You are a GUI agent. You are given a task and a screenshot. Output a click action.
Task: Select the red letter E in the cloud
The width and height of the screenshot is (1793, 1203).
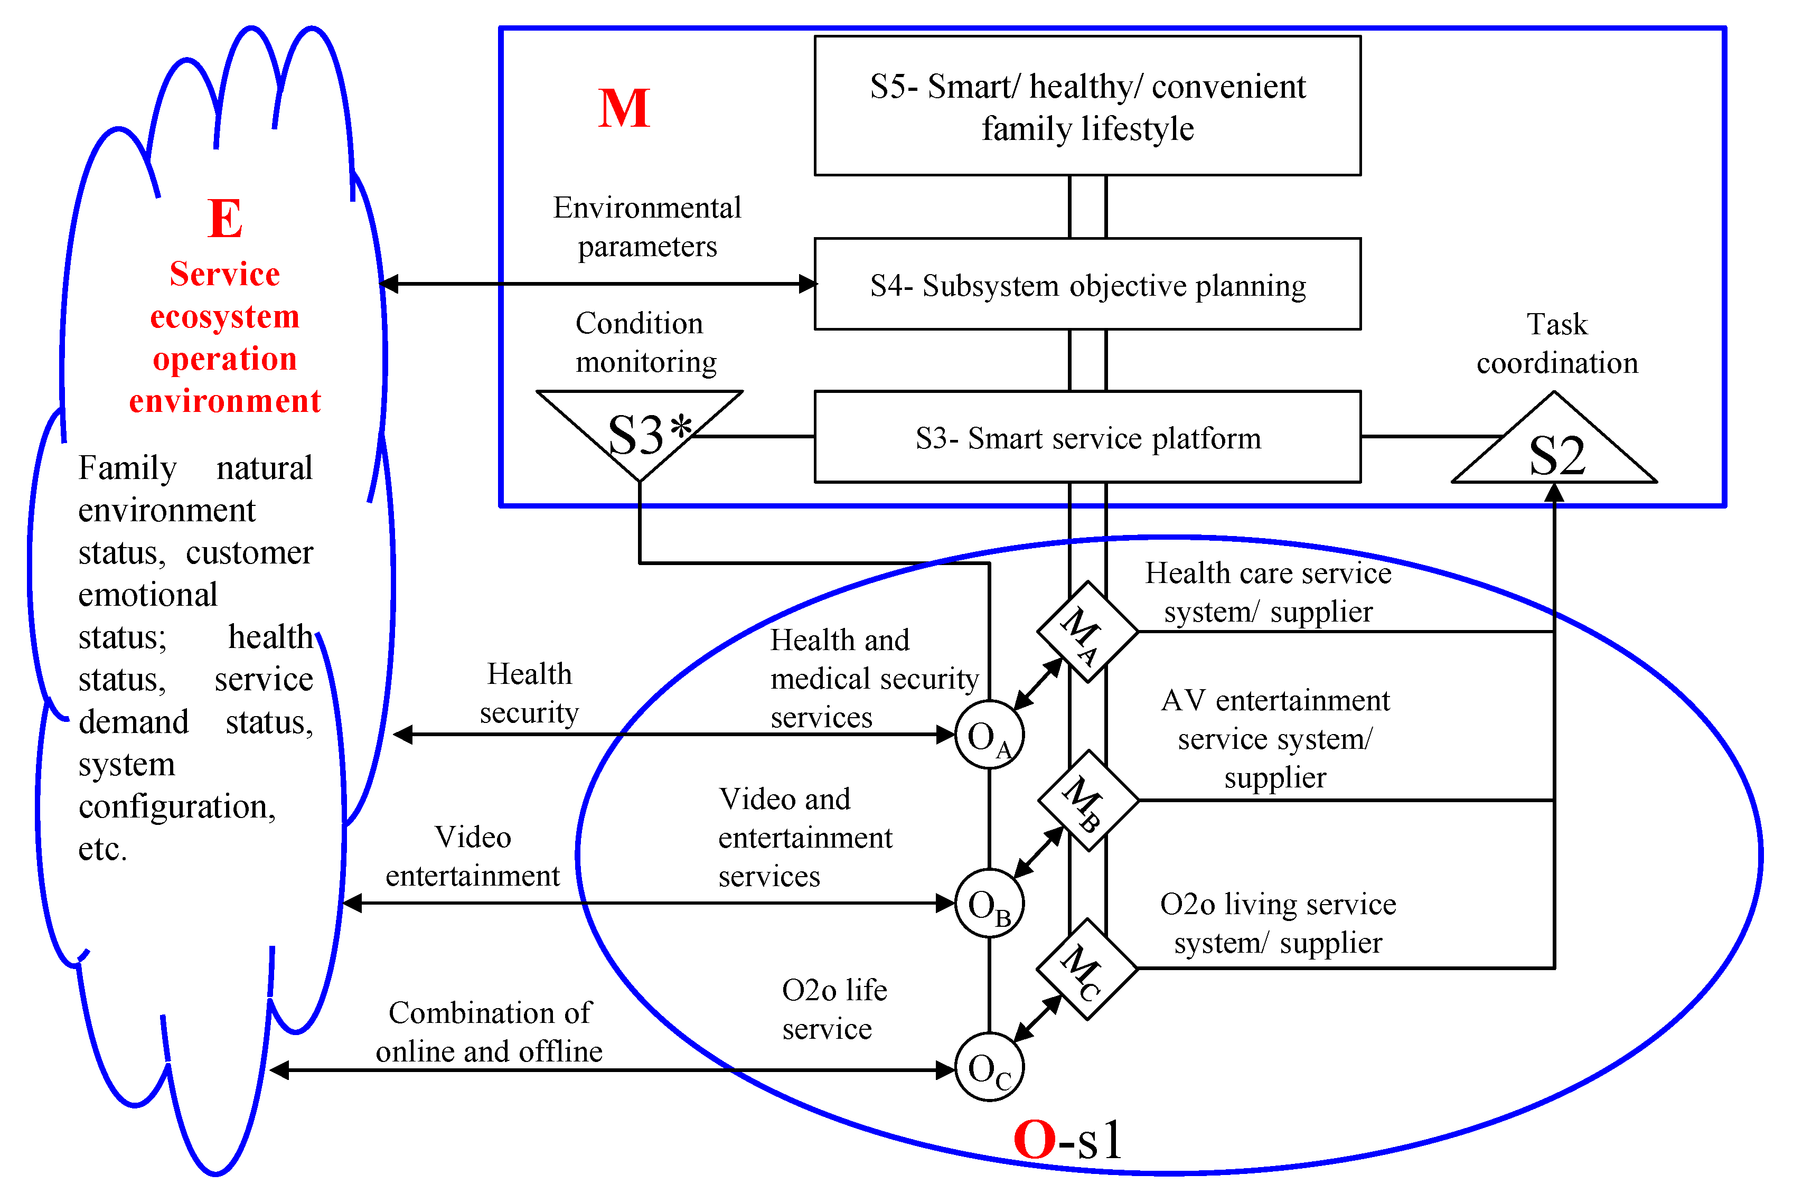(x=225, y=219)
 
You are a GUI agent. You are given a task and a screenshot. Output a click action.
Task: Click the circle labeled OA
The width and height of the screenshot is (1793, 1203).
(x=989, y=735)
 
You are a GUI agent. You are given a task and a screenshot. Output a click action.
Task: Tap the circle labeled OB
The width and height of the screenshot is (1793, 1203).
(x=989, y=903)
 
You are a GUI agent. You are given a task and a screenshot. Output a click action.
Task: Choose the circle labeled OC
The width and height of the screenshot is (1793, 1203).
(x=989, y=1067)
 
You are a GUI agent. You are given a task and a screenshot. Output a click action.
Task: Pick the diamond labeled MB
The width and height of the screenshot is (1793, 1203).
(x=1087, y=800)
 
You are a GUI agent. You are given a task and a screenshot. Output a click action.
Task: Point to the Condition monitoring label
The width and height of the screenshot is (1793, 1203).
(x=644, y=342)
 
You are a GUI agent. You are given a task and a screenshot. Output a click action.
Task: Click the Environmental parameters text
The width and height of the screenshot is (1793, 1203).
(x=647, y=227)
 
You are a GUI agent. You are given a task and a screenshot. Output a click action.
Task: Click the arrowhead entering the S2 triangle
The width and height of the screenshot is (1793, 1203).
(x=1554, y=493)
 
